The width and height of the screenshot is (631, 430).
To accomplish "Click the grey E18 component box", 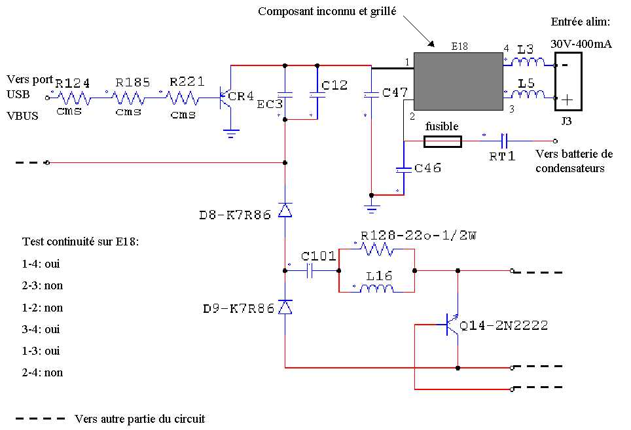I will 456,81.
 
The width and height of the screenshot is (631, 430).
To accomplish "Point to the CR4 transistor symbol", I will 225,98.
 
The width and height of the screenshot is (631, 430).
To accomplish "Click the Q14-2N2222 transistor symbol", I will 452,324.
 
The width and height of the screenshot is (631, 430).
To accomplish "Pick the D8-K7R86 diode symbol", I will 285,209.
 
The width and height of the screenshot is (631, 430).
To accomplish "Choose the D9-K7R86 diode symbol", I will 285,307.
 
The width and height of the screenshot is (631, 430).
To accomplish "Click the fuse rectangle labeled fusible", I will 443,141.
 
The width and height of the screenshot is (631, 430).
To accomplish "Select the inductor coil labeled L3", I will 528,63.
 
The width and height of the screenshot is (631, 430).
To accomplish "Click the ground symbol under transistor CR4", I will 230,132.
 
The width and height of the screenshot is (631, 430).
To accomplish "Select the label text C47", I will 395,94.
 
